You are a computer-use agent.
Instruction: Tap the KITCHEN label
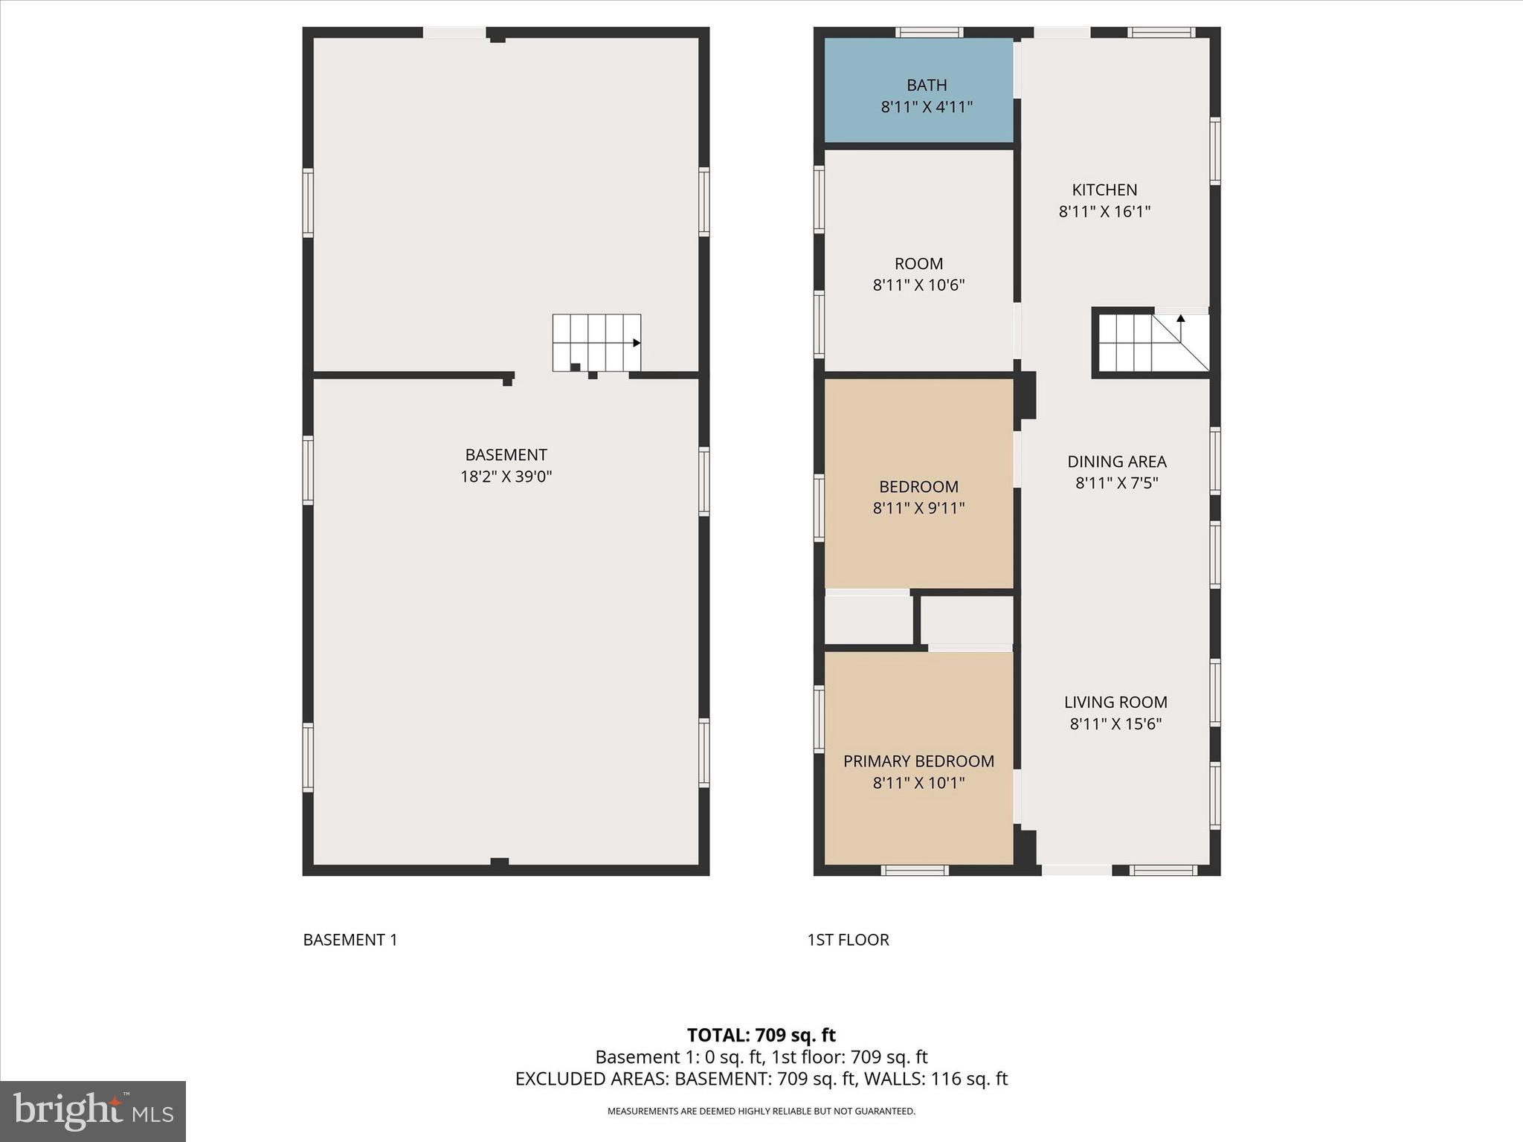click(x=1104, y=190)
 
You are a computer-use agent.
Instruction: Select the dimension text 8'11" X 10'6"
click(x=918, y=285)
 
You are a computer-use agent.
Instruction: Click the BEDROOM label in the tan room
click(x=918, y=486)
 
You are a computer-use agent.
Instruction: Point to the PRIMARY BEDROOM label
click(x=918, y=761)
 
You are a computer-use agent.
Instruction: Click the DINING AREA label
click(x=1116, y=461)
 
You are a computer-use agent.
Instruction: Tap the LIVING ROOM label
click(x=1115, y=702)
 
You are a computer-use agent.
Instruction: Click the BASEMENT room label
click(x=506, y=454)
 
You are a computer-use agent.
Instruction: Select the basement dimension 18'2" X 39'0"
click(x=506, y=477)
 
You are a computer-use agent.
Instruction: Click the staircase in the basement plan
click(x=596, y=342)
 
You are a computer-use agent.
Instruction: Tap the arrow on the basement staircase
click(x=637, y=343)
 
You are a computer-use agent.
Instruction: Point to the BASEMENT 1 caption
click(x=350, y=940)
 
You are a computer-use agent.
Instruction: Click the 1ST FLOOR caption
click(x=848, y=940)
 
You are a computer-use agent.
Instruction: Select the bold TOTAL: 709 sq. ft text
click(x=761, y=1035)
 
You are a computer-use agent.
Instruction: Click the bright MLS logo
click(x=93, y=1111)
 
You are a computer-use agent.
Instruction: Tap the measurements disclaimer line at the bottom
click(x=761, y=1112)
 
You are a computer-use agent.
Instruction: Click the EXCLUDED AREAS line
click(x=761, y=1079)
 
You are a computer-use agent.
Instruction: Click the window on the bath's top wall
click(x=929, y=32)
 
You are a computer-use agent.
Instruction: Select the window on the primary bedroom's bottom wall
click(x=915, y=870)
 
